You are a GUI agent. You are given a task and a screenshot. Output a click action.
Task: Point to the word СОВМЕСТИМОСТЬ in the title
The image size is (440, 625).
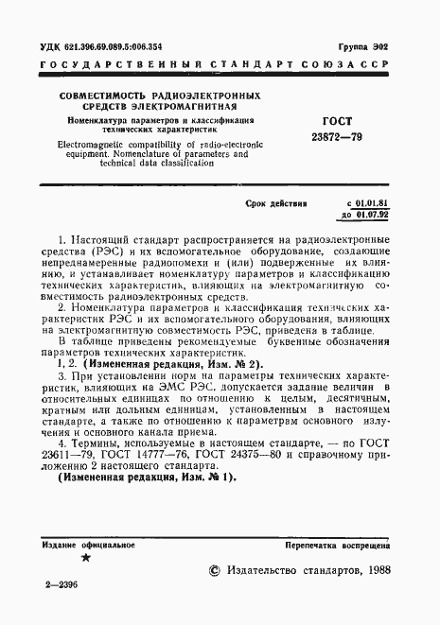pos(106,96)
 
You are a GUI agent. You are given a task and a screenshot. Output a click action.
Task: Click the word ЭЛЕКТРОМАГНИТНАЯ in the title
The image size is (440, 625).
pos(185,108)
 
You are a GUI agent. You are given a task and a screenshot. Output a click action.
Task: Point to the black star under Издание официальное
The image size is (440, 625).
pos(86,559)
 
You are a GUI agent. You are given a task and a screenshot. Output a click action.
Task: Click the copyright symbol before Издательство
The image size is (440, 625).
pos(213,570)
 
